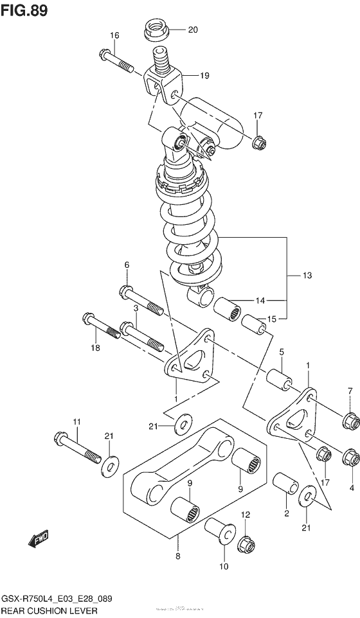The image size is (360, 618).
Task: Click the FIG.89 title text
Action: coord(24,11)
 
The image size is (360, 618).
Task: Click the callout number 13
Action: coord(307,276)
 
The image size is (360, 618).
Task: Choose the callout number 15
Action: coord(273,319)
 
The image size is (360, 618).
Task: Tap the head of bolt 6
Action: coord(127,292)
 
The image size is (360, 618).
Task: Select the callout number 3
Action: coord(136,309)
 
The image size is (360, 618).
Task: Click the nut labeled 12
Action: coord(245,545)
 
